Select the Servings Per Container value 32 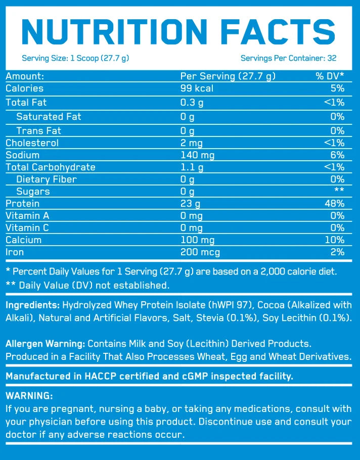(332, 58)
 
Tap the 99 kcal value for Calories (197, 88)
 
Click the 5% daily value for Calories (338, 88)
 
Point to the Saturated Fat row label (49, 117)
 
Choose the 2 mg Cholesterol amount (191, 143)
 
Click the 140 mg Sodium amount (198, 155)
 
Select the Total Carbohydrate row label (51, 167)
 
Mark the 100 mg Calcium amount (198, 240)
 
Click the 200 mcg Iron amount (200, 252)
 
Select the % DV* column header (330, 76)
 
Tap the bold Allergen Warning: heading (43, 344)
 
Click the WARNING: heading (29, 396)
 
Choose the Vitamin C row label (27, 228)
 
